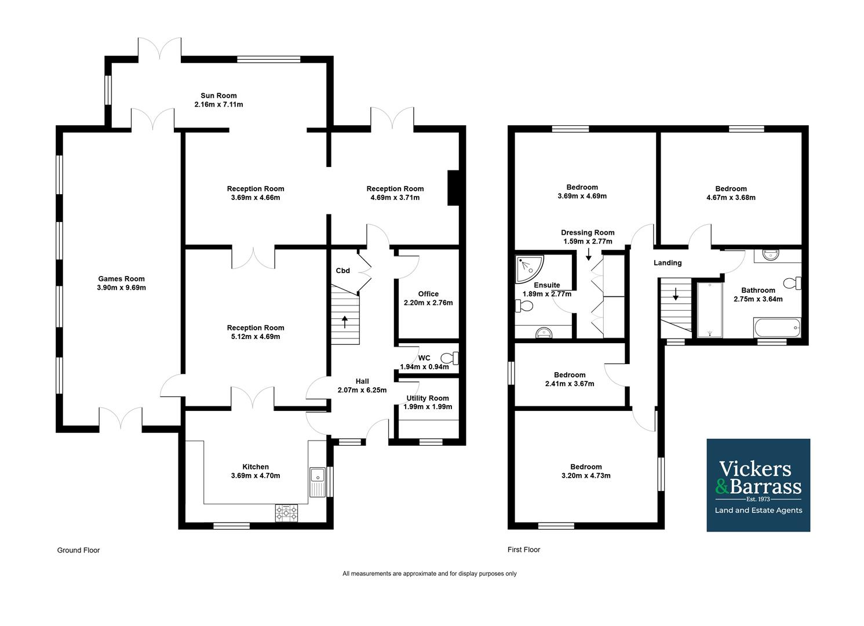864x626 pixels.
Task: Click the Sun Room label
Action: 218,96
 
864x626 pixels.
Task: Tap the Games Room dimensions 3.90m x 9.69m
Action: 121,288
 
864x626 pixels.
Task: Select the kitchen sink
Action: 318,481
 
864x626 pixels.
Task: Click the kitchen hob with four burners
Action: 286,512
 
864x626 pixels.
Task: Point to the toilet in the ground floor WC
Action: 450,358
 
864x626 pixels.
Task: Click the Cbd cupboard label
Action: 342,271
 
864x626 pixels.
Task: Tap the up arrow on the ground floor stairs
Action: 345,321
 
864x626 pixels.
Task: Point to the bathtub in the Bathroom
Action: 776,328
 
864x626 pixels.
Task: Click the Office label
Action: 428,294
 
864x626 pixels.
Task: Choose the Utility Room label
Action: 428,398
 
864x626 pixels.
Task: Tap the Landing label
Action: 668,263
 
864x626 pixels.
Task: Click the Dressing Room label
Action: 588,232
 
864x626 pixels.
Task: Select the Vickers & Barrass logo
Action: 758,485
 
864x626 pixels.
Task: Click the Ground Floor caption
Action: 78,550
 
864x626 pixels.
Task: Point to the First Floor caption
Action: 524,549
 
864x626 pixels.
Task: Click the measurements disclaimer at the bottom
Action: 429,574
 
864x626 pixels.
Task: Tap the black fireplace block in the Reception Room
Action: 453,188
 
